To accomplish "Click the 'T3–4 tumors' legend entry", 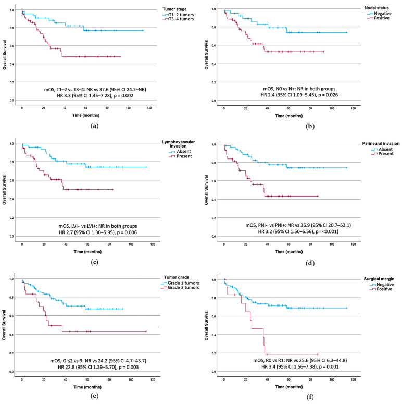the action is click(x=181, y=19).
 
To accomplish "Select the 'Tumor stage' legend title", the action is click(x=174, y=9).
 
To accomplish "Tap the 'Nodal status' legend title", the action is click(x=376, y=8).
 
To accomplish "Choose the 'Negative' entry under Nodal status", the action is click(x=383, y=14).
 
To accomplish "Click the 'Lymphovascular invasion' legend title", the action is click(x=179, y=144).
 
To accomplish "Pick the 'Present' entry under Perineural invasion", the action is click(x=386, y=154).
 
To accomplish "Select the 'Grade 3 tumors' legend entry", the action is click(x=183, y=288).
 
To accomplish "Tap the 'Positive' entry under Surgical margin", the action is click(x=384, y=289).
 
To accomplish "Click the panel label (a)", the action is click(x=95, y=126).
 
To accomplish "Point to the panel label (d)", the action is click(x=310, y=263).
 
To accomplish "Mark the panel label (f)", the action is click(x=310, y=397).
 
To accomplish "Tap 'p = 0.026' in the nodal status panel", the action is click(x=328, y=95).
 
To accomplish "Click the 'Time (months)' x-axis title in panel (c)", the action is click(x=87, y=252).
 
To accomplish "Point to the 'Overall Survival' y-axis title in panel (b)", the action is click(x=206, y=54).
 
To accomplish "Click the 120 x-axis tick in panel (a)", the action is click(x=149, y=108).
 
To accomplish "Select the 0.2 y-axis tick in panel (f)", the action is click(x=213, y=353).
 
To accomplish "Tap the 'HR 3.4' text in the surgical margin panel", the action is click(x=268, y=366).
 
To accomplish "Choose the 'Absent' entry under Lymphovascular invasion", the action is click(x=184, y=152).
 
